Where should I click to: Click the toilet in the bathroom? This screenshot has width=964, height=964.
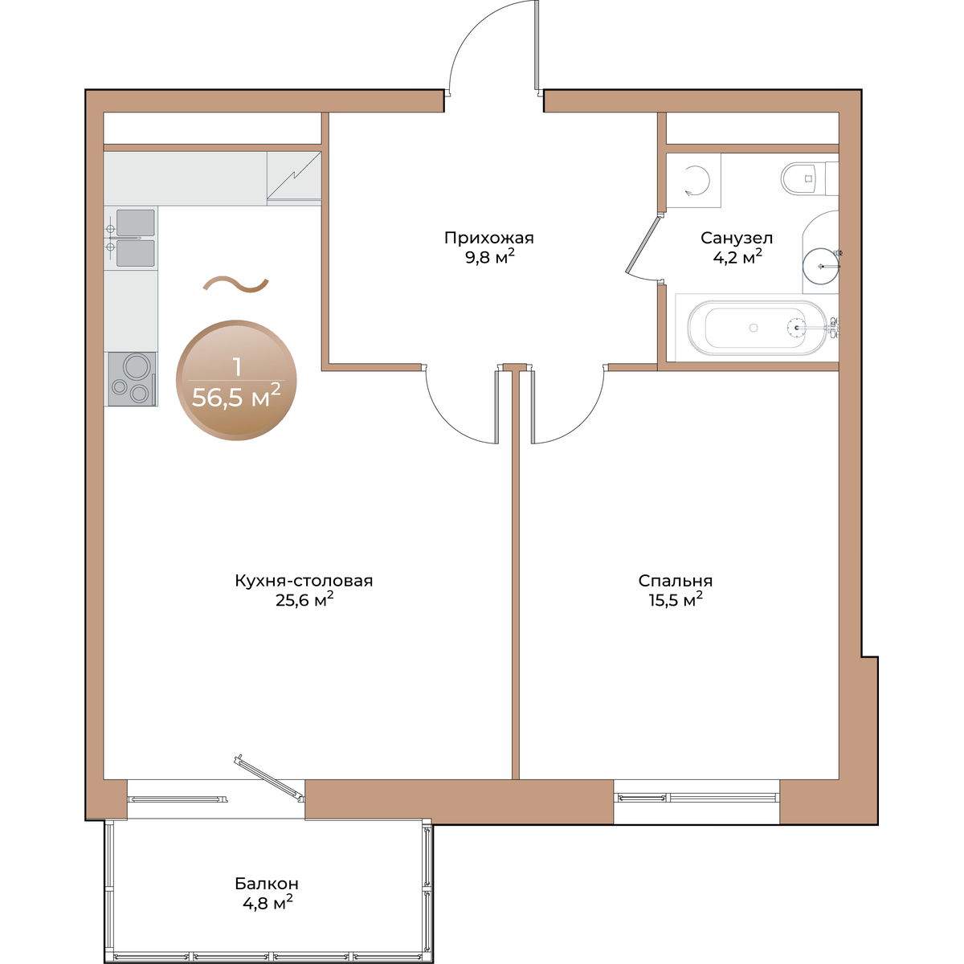(x=809, y=178)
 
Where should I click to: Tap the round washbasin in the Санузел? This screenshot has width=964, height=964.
(x=821, y=266)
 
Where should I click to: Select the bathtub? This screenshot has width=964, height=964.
(x=757, y=328)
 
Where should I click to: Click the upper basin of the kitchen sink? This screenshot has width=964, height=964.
(x=135, y=223)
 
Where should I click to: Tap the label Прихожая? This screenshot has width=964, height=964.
(x=488, y=238)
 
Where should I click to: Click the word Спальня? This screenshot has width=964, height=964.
(x=675, y=581)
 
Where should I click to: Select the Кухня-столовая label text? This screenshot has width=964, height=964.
(x=304, y=581)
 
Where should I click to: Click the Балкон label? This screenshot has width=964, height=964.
(x=267, y=884)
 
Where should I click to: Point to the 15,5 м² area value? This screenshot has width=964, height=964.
(x=676, y=599)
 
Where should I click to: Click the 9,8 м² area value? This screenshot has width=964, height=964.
(x=489, y=256)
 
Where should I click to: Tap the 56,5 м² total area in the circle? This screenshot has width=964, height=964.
(x=235, y=398)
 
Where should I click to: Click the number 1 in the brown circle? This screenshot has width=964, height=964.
(x=237, y=368)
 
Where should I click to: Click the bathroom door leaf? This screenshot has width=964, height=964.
(x=643, y=245)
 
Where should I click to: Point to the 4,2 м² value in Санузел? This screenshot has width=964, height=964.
(x=737, y=257)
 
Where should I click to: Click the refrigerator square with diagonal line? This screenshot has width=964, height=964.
(x=294, y=178)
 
